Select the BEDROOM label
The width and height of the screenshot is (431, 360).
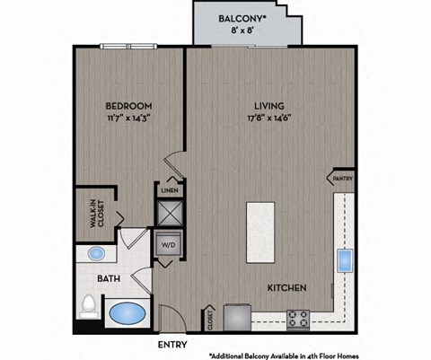(x=128, y=104)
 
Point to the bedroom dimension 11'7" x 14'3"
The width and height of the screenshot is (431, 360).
(x=128, y=118)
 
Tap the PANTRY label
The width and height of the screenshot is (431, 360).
(x=342, y=178)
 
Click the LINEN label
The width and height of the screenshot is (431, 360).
(x=169, y=191)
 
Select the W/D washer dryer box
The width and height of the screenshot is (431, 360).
(x=169, y=243)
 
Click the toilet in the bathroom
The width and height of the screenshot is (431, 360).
(x=88, y=307)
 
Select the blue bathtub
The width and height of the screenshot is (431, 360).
(x=127, y=315)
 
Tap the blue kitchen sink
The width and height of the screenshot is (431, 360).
(x=345, y=261)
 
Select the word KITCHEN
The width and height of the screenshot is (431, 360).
(x=287, y=288)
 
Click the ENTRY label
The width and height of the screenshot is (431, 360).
(x=172, y=344)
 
